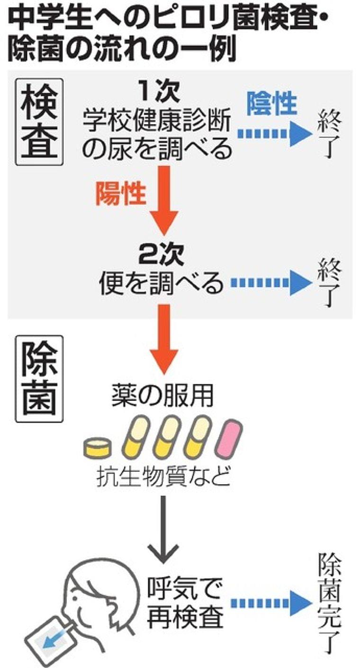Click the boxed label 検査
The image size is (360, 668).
39,122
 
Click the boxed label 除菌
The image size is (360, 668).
39,379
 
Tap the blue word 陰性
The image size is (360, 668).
271,104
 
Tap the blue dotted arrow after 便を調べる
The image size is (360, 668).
270,283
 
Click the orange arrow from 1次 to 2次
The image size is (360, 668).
163,199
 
